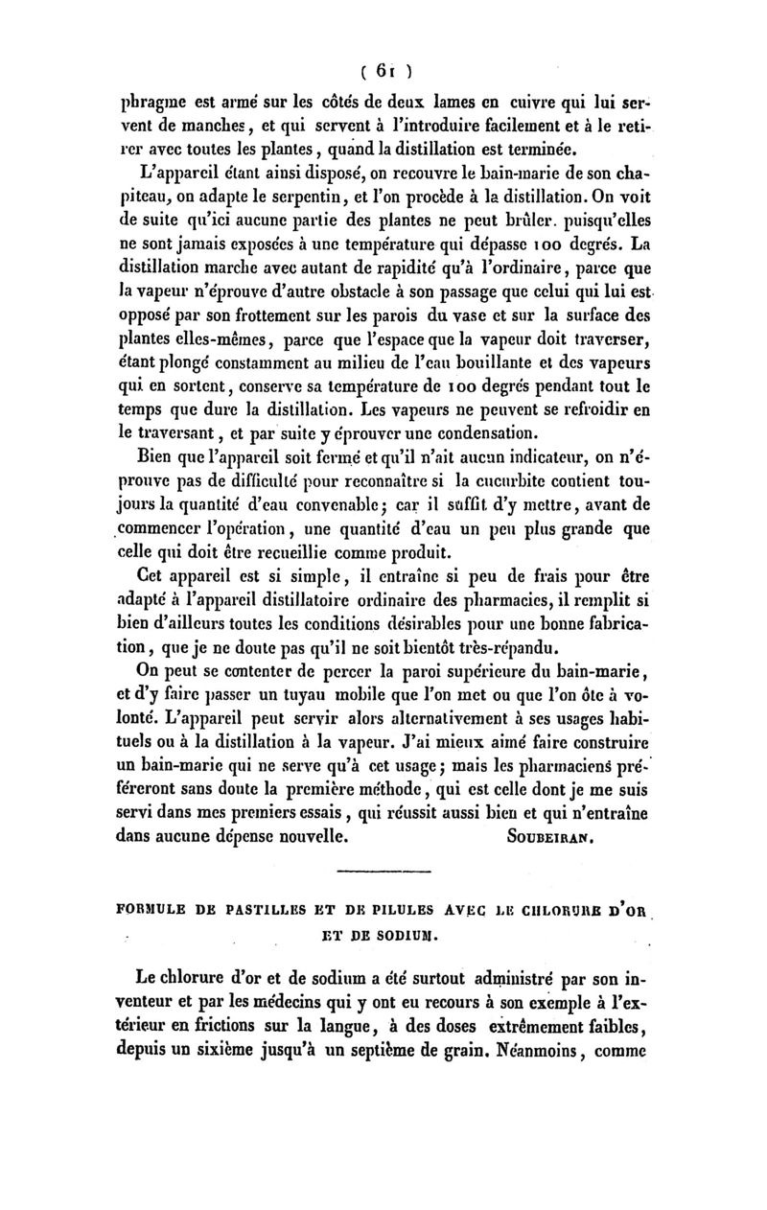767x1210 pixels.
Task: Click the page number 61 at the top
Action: (x=383, y=69)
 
